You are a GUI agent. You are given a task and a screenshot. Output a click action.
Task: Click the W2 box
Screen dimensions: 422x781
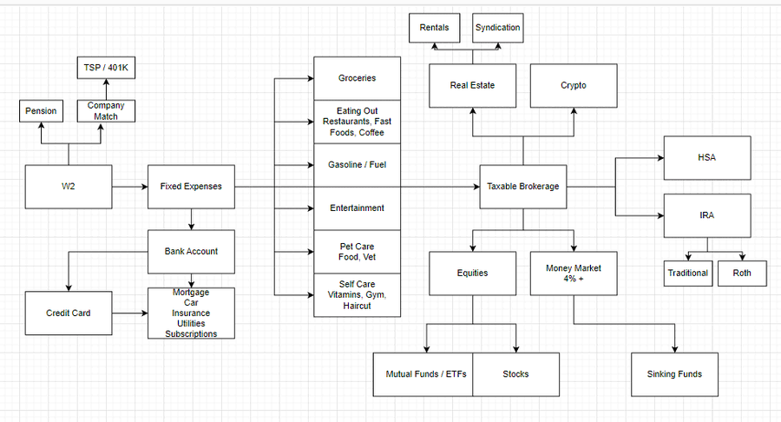click(x=69, y=186)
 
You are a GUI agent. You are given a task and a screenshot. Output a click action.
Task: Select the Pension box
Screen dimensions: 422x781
click(x=41, y=111)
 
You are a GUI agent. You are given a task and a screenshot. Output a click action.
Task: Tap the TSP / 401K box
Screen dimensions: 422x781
click(x=105, y=66)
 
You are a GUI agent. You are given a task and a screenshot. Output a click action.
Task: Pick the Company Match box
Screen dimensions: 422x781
click(x=105, y=110)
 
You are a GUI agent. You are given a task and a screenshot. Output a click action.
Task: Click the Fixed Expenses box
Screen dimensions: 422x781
click(x=191, y=186)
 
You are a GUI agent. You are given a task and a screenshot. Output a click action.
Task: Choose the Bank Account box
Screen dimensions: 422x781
click(x=191, y=251)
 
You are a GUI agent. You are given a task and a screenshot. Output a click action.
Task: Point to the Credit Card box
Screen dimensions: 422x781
click(x=69, y=313)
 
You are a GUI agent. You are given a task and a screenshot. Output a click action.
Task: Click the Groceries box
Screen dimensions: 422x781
click(x=357, y=78)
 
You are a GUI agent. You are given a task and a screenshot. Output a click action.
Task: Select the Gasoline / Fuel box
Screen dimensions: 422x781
click(x=357, y=164)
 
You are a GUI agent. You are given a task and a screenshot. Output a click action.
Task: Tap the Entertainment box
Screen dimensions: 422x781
click(x=357, y=208)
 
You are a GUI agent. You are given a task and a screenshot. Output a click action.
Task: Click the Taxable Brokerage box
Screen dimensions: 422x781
click(x=523, y=186)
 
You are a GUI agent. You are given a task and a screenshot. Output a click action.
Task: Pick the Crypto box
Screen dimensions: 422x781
click(x=574, y=85)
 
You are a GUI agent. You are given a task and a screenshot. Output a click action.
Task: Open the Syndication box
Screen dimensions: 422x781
click(x=498, y=28)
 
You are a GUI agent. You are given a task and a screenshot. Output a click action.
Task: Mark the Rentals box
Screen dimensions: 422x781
click(x=434, y=28)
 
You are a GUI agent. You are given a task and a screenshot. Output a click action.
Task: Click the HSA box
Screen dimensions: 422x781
click(x=707, y=158)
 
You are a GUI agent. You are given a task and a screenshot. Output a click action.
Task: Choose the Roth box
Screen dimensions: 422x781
click(x=742, y=273)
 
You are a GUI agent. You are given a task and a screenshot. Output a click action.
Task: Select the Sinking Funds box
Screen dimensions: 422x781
click(x=674, y=374)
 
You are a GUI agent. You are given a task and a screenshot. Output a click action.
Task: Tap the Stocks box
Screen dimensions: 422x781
click(x=515, y=374)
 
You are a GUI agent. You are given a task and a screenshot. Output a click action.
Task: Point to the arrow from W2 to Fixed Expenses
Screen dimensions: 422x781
click(x=129, y=186)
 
